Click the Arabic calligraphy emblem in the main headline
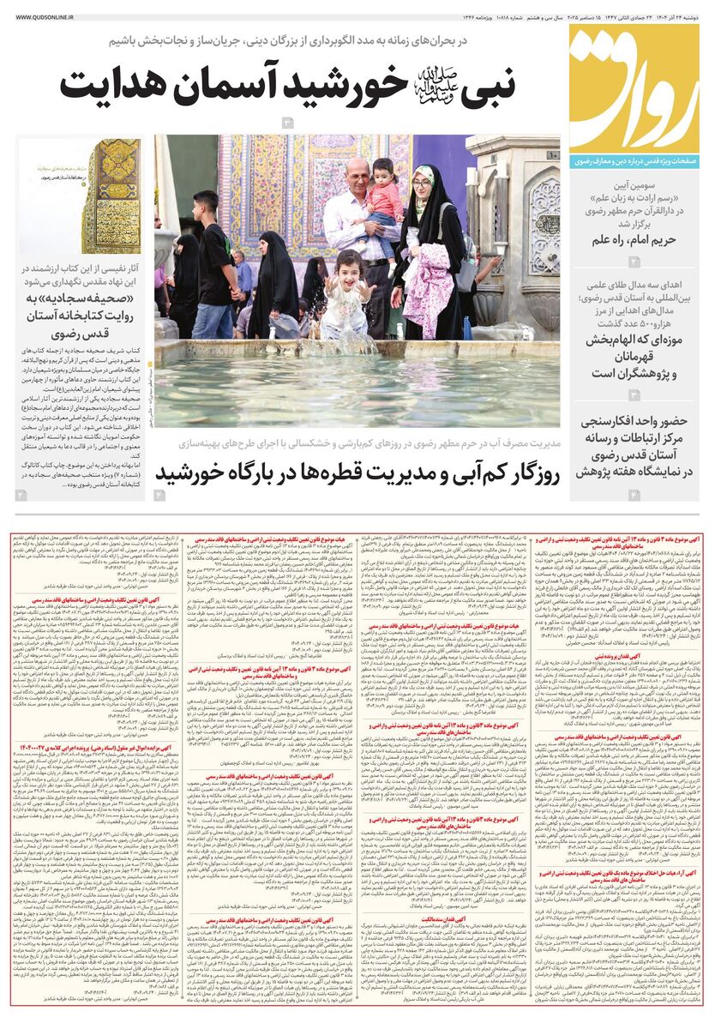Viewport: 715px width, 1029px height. (x=435, y=82)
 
